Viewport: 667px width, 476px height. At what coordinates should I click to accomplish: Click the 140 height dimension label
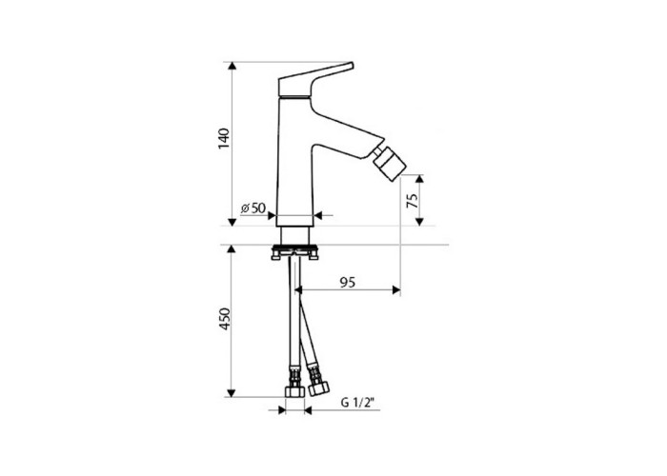coord(224,138)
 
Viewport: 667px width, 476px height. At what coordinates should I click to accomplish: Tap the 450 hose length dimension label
coord(224,319)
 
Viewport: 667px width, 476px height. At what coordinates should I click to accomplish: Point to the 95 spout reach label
coord(348,282)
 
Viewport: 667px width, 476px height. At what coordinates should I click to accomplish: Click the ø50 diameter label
coord(253,208)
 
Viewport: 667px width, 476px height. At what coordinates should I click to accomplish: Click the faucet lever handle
coord(315,80)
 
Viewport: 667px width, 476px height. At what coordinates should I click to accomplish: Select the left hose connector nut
coord(294,391)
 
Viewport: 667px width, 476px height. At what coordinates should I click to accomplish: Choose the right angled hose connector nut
coord(318,388)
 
